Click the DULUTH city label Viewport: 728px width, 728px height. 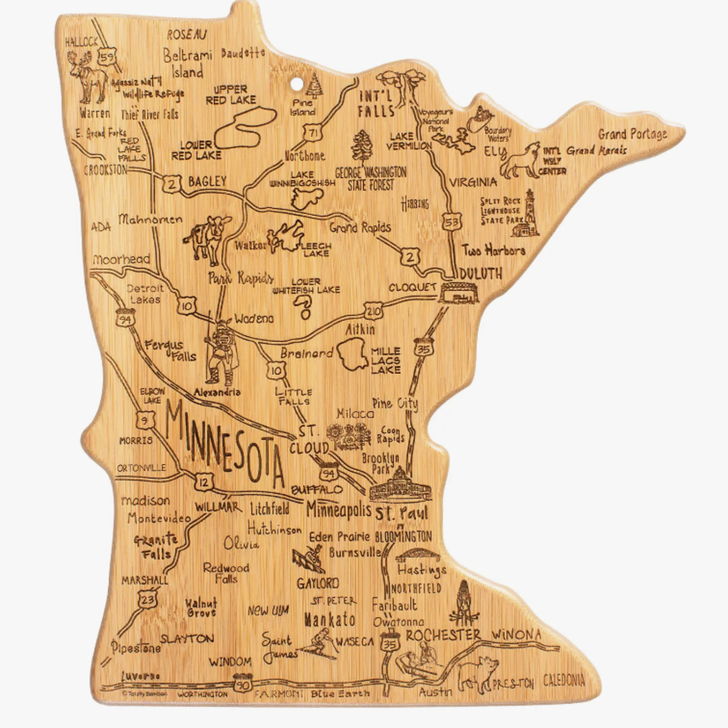click(480, 274)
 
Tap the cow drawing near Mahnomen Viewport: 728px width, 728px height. click(208, 238)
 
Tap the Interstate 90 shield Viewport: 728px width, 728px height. click(243, 682)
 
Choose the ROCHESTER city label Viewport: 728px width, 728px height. click(443, 635)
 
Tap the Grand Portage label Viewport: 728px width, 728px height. click(632, 134)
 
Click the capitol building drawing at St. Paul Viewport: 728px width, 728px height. click(400, 485)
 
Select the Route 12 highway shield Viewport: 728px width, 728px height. click(204, 482)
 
